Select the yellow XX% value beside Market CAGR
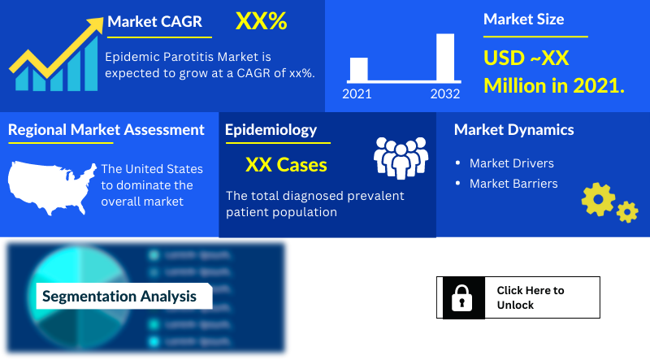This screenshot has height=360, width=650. click(x=261, y=22)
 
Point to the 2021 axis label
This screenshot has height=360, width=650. click(x=357, y=93)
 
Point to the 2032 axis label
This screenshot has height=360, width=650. click(x=445, y=93)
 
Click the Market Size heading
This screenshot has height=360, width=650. click(x=523, y=20)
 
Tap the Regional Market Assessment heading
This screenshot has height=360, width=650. click(x=106, y=130)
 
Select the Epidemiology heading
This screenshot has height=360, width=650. click(x=271, y=130)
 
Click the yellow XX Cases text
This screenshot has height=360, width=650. click(x=286, y=165)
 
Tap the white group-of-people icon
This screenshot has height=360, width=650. click(x=400, y=157)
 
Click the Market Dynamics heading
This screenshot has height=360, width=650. click(x=513, y=130)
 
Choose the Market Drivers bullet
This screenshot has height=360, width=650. click(x=511, y=163)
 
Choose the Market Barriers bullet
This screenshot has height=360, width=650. click(x=513, y=184)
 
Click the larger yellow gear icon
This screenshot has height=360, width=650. click(x=599, y=198)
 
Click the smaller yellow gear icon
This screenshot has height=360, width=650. click(x=627, y=212)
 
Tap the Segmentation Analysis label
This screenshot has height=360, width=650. click(x=119, y=297)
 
